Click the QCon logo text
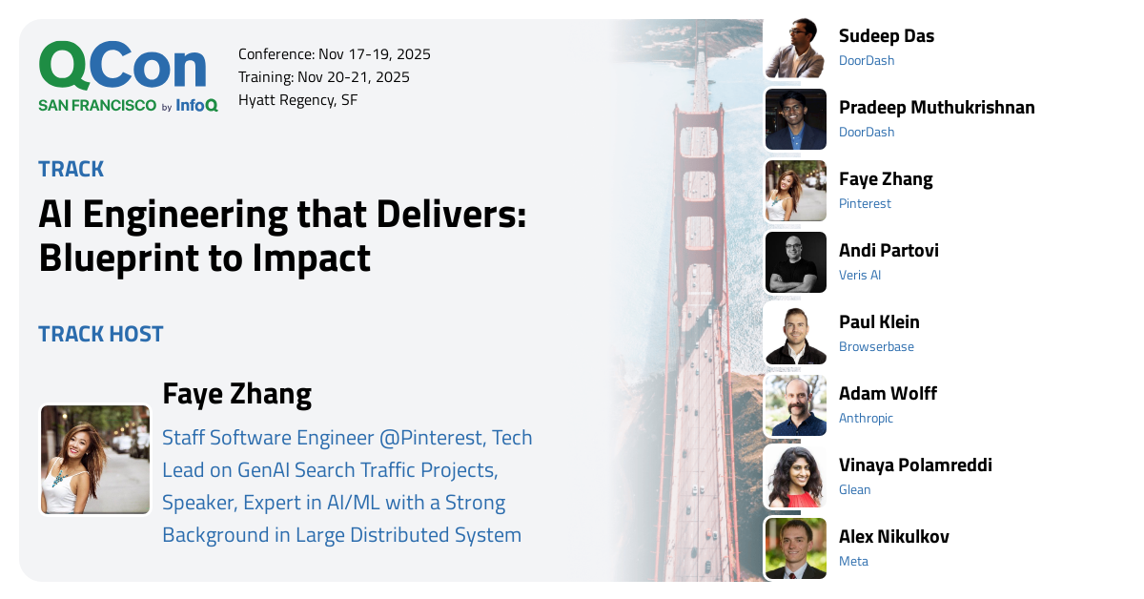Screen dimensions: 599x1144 [122, 67]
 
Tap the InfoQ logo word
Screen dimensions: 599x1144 [196, 106]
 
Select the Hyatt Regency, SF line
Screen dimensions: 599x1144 [297, 100]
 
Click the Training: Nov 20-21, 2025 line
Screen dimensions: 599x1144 [324, 77]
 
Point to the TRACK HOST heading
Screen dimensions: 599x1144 [101, 334]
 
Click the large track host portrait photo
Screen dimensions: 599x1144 [95, 460]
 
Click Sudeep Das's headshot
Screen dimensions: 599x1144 [795, 48]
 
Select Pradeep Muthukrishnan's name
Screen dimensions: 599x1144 [936, 107]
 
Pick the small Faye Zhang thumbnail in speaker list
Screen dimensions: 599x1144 [795, 191]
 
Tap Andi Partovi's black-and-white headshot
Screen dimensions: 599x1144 [795, 262]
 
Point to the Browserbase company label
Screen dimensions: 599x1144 [876, 346]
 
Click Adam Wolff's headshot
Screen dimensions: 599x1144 [795, 405]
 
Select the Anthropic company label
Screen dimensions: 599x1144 [866, 418]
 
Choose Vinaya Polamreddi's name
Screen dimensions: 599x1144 [915, 465]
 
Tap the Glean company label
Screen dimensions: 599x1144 [854, 489]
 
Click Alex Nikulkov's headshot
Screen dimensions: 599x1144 [795, 548]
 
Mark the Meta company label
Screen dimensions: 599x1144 [853, 561]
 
